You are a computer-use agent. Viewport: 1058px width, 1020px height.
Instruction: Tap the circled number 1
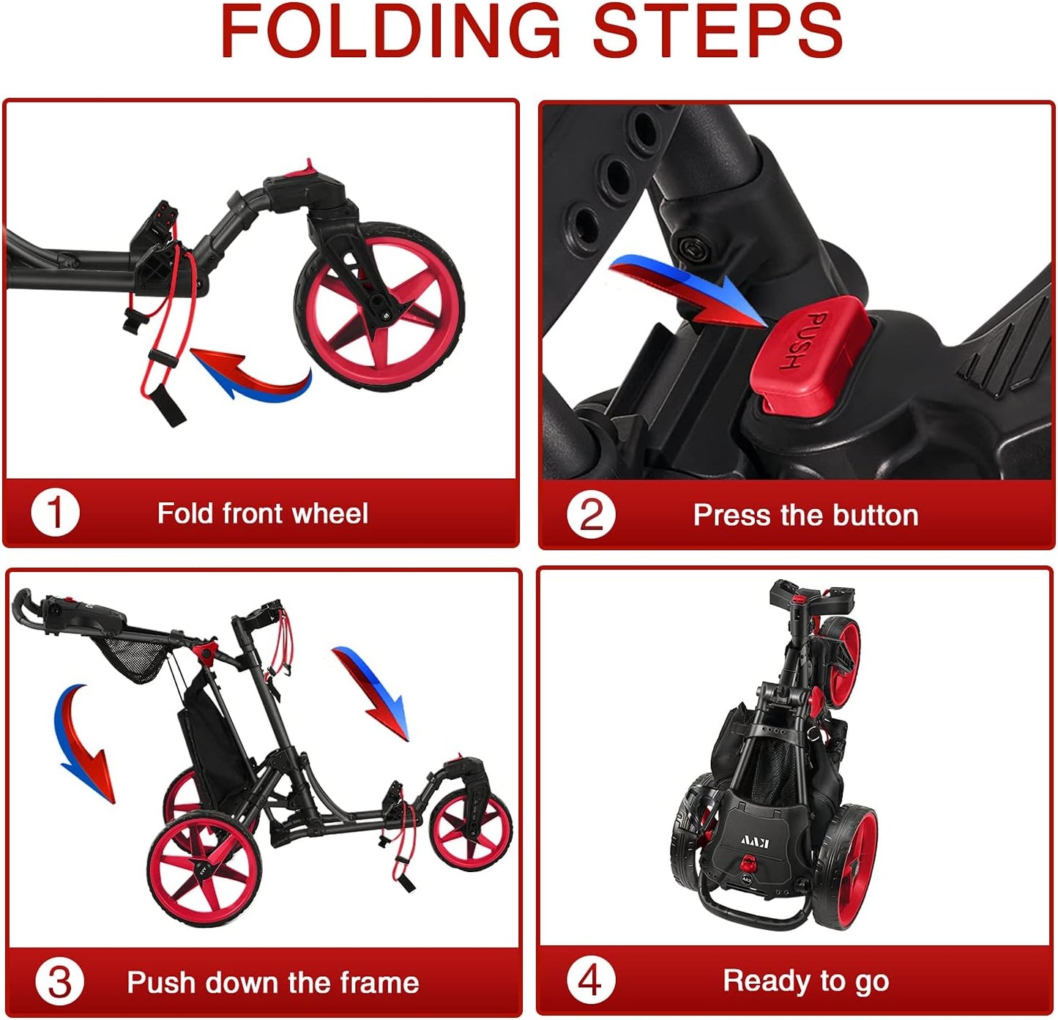(x=55, y=513)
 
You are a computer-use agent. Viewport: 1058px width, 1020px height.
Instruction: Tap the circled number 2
(x=590, y=515)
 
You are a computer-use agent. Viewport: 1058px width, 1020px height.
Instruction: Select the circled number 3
(x=59, y=981)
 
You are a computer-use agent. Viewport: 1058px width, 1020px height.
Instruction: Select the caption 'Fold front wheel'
(x=262, y=513)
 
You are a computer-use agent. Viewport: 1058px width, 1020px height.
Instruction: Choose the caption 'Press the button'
(x=805, y=515)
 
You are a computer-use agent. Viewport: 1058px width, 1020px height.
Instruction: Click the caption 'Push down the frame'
(x=272, y=982)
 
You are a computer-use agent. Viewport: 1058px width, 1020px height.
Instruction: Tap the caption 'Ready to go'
(x=805, y=980)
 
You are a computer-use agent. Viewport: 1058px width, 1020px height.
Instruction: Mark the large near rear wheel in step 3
(x=204, y=871)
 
